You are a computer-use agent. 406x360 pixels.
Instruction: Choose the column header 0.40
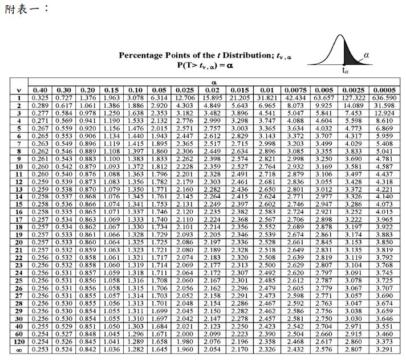click(40, 90)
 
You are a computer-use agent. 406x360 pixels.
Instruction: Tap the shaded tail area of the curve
click(349, 58)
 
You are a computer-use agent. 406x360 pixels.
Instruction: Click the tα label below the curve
click(346, 71)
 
